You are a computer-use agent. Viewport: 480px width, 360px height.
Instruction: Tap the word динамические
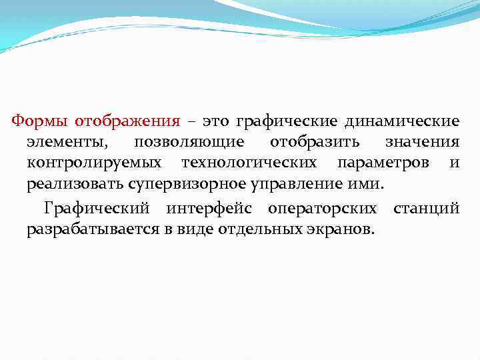tap(402, 121)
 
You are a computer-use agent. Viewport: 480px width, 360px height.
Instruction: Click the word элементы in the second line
tap(65, 142)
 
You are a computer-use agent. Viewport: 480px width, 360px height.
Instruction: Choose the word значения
tap(422, 142)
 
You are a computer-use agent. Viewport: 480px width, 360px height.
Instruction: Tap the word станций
tap(426, 209)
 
